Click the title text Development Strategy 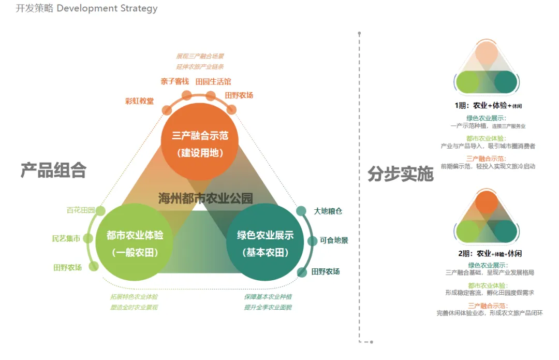click(x=107, y=9)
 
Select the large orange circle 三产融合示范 click(x=200, y=143)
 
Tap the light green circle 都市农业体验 click(x=135, y=242)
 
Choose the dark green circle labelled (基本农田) click(x=265, y=243)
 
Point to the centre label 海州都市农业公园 click(x=205, y=198)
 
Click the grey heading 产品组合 click(x=53, y=170)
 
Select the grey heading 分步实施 click(x=401, y=174)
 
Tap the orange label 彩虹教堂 click(x=139, y=101)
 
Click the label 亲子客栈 click(x=174, y=81)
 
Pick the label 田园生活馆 click(x=213, y=81)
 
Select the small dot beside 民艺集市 click(x=89, y=239)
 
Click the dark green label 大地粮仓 click(x=328, y=211)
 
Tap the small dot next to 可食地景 click(x=312, y=241)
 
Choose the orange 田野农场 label click(x=239, y=95)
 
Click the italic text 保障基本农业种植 click(x=268, y=297)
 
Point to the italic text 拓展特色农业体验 click(x=134, y=297)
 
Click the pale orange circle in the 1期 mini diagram click(x=487, y=53)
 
